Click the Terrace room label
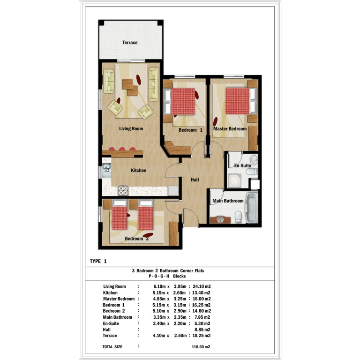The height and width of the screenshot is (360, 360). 130,43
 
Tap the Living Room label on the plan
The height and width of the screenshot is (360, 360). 131,129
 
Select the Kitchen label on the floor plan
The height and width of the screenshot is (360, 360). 138,170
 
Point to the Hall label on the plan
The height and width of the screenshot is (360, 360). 195,180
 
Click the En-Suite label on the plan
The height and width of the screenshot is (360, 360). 242,165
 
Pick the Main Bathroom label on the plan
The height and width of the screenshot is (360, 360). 228,201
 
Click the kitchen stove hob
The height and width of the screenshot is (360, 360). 123,191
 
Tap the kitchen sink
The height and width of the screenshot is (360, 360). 106,170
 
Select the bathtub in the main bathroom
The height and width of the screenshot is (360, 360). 252,208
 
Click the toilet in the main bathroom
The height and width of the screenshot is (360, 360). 238,217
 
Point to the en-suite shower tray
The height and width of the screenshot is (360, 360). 234,181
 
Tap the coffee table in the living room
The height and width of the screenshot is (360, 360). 130,87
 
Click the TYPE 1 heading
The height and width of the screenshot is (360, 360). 98,261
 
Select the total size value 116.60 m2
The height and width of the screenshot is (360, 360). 201,347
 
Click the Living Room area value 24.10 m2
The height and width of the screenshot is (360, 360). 202,286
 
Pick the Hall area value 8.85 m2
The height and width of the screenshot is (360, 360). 202,330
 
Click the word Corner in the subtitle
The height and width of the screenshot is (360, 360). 187,270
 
